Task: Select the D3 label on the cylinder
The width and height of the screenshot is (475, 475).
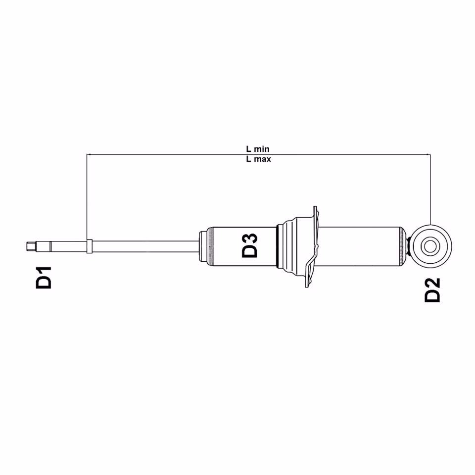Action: click(250, 245)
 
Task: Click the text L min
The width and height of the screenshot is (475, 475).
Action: click(258, 148)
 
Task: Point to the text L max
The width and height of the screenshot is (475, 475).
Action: click(258, 160)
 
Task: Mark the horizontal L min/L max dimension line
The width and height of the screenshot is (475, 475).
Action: click(173, 154)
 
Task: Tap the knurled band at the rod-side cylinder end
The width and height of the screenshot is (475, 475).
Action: click(211, 245)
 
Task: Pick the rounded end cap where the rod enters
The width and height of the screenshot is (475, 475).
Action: click(202, 245)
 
